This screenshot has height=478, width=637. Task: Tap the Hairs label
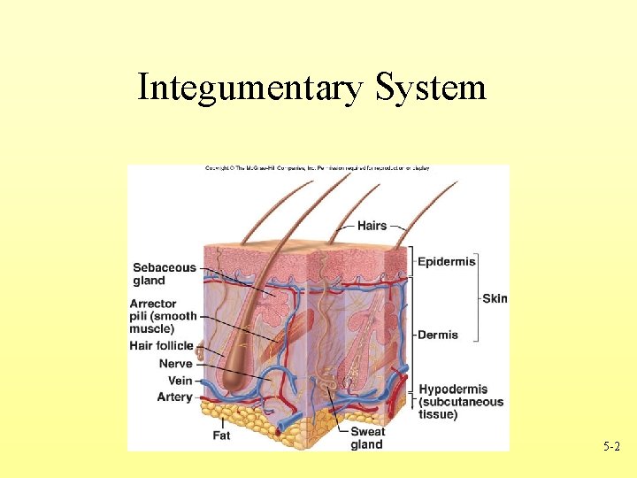click(372, 226)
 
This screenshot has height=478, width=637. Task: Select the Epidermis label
click(447, 261)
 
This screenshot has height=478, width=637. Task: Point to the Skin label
click(495, 298)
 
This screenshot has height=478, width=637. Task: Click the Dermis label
click(438, 335)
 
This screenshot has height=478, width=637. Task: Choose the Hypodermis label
click(453, 389)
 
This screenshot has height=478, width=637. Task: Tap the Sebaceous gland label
click(164, 274)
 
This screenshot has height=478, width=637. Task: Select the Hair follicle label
click(161, 345)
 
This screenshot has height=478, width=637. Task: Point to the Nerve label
click(175, 364)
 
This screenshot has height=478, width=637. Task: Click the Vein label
click(180, 381)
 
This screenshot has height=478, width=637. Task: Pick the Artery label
click(174, 397)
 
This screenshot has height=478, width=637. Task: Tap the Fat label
click(221, 436)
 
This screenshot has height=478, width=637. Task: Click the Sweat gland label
click(367, 438)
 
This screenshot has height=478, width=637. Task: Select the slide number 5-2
click(611, 448)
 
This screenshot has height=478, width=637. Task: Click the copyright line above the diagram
click(318, 168)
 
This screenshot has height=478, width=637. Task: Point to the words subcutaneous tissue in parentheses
click(460, 408)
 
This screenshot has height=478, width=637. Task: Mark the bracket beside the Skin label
click(478, 298)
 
